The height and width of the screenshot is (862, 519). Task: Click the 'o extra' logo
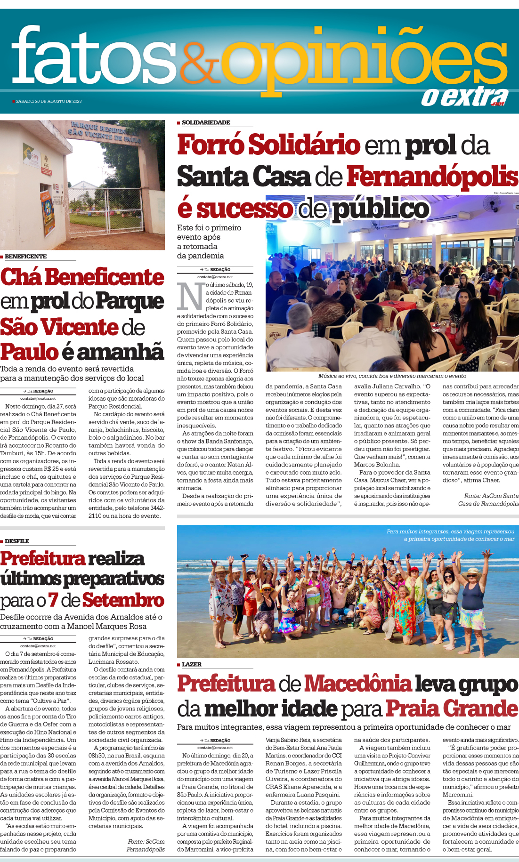pos(464,97)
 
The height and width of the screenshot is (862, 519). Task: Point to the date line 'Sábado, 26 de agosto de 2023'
pos(49,101)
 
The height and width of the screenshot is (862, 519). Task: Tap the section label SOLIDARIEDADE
pos(206,122)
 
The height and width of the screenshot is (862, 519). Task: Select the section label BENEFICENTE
pos(25,257)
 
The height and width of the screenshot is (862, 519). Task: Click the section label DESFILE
pos(17,541)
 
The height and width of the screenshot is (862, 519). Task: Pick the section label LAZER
pos(191,664)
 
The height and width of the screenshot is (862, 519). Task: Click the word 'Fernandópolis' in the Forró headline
pos(432,177)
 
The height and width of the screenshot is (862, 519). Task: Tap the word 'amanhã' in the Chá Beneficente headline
pos(120,352)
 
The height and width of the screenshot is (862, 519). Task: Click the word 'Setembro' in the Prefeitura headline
pos(123,600)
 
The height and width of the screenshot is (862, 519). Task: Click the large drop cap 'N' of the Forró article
pos(191,297)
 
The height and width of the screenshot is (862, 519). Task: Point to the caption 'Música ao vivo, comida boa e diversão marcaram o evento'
pos(392,376)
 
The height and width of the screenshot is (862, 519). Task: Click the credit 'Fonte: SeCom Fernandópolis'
pos(146,846)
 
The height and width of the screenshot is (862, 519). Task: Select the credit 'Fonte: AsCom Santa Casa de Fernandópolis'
pos(488,499)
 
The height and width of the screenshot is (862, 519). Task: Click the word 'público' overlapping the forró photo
pos(381,209)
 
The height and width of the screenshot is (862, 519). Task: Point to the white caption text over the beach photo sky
pos(450,535)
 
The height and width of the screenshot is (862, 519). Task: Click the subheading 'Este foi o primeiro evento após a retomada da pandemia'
pos(209,242)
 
